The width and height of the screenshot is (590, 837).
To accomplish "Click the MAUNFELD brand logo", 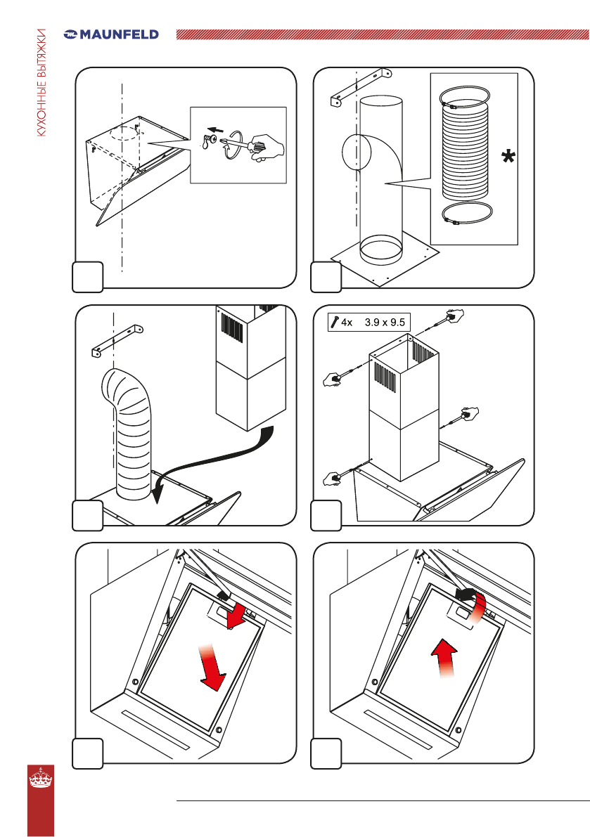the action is coord(111,34).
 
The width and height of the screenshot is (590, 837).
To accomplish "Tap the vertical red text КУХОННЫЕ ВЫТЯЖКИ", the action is coord(41,82).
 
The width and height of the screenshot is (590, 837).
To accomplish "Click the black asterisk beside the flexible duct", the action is coord(508,157).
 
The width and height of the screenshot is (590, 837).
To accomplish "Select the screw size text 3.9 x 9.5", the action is coord(385,323).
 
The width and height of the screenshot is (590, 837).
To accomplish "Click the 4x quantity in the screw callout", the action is coord(347,323).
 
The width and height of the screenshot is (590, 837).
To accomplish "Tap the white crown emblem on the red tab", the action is coord(41,778).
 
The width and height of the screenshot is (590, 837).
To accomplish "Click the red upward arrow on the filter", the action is coord(444,658).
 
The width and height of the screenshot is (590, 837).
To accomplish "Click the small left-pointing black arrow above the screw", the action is coord(215,130).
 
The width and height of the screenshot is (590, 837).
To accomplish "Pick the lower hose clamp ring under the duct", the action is coord(467,214).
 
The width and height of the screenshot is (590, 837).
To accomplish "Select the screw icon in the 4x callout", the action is coord(335,322).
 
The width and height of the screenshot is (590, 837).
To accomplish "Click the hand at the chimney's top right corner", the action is coord(454,314).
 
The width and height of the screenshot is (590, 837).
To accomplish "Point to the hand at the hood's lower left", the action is coord(333,479).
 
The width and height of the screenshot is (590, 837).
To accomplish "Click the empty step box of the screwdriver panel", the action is coord(88,276).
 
